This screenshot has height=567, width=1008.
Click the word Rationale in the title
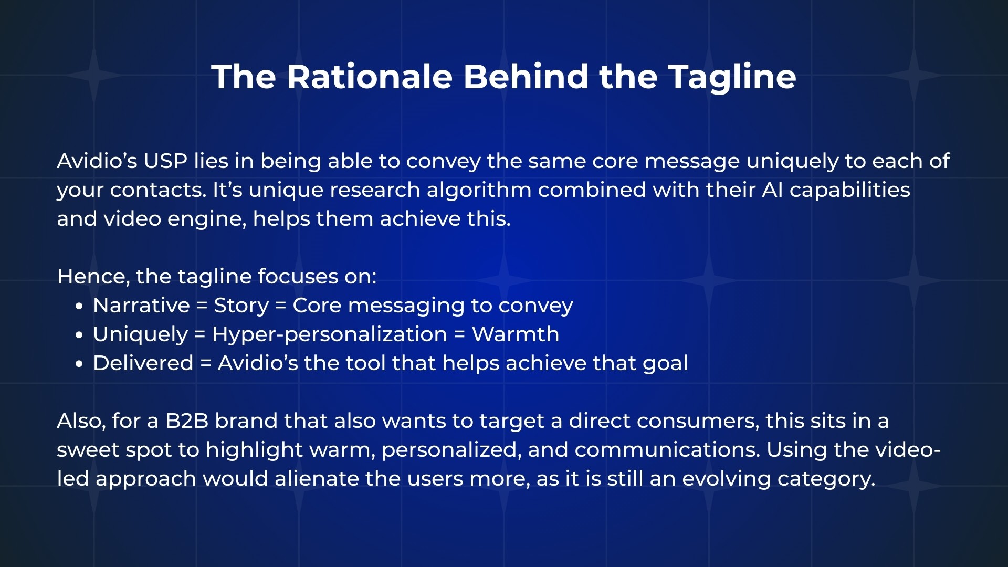click(370, 77)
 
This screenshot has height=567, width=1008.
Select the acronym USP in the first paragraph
click(165, 161)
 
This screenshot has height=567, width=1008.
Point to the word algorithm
click(479, 190)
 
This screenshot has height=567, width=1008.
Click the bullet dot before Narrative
click(79, 306)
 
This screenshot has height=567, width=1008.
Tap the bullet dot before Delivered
click(79, 364)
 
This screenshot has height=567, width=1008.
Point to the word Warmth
click(516, 334)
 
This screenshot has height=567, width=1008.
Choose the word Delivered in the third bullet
click(143, 363)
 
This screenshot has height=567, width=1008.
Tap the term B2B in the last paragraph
click(187, 421)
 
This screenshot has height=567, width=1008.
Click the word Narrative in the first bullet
click(141, 306)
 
